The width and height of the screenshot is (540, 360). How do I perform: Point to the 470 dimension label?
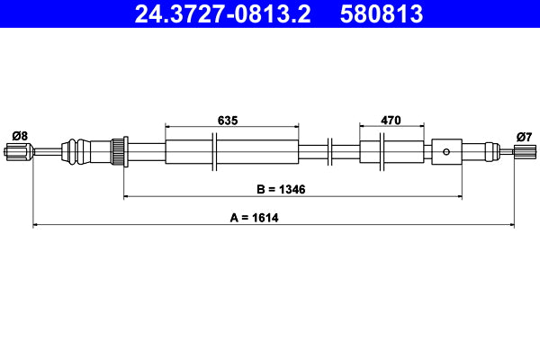click(x=390, y=119)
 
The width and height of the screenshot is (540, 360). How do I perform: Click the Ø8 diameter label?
click(x=19, y=135)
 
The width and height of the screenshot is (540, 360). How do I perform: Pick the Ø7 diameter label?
click(x=523, y=136)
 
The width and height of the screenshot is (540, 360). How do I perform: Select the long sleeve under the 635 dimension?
click(x=231, y=151)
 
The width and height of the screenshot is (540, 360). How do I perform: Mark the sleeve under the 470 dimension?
click(x=391, y=151)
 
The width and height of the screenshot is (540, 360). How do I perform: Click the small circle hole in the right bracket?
click(x=447, y=152)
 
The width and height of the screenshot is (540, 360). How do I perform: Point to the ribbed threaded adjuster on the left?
click(x=117, y=151)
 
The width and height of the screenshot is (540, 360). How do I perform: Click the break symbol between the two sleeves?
click(x=331, y=151)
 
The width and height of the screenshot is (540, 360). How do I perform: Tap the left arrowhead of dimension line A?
click(x=36, y=225)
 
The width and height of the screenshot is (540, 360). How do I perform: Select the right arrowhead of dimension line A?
click(x=510, y=225)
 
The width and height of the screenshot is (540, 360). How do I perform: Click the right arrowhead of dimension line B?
click(x=459, y=195)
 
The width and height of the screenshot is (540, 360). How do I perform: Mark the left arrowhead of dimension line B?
click(x=127, y=195)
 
